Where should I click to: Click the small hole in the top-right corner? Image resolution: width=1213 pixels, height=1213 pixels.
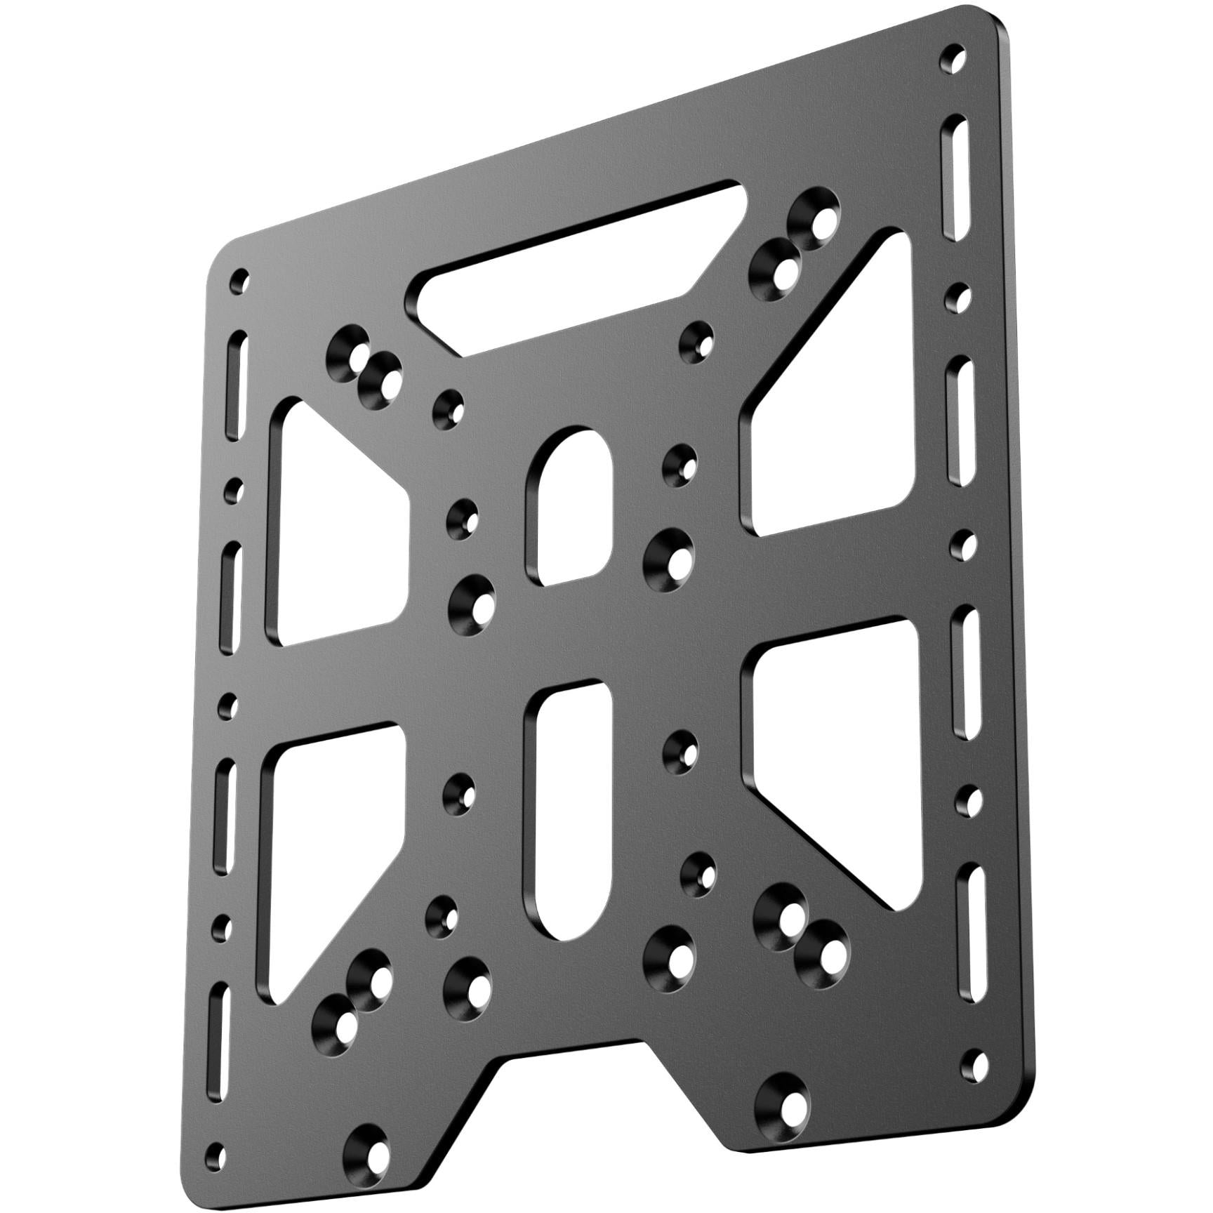(x=953, y=55)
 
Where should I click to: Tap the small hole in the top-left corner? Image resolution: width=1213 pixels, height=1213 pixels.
(x=242, y=279)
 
